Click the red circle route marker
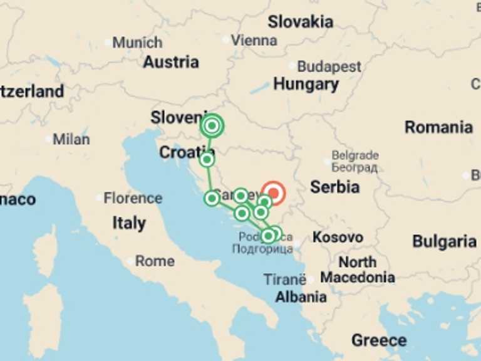tap(273, 193)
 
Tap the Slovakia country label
tap(300, 22)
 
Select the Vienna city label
tap(254, 40)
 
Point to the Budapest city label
tap(329, 66)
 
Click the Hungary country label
tap(306, 84)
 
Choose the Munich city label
tap(137, 43)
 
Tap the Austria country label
tap(171, 62)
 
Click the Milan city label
tap(71, 139)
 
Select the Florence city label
tap(133, 198)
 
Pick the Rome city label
tap(155, 261)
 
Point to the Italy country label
tap(129, 222)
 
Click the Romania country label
tap(438, 127)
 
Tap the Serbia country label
tap(335, 187)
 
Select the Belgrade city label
tap(355, 155)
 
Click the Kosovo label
tap(338, 238)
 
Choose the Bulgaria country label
tap(444, 241)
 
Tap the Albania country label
tap(301, 296)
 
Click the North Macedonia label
tap(358, 269)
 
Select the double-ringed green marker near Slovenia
tap(212, 126)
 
